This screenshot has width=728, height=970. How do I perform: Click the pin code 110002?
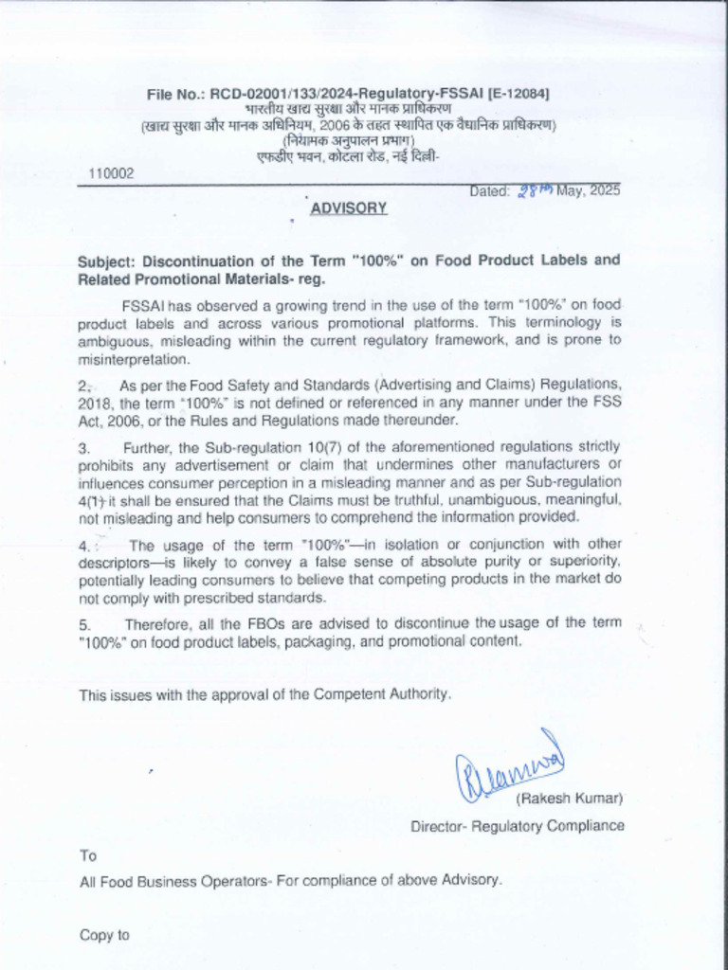click(x=111, y=173)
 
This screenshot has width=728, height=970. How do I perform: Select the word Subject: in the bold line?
click(x=108, y=260)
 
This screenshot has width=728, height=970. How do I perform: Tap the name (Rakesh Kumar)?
click(x=569, y=799)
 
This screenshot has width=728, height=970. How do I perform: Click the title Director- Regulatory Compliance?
click(x=517, y=826)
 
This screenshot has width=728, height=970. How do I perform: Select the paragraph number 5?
click(x=84, y=623)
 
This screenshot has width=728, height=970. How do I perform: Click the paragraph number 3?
click(x=83, y=446)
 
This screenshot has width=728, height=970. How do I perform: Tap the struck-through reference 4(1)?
click(x=92, y=499)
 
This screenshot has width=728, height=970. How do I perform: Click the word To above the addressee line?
click(x=87, y=856)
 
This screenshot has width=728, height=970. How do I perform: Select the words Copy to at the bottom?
click(x=103, y=935)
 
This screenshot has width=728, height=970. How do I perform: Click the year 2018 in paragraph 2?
click(x=94, y=402)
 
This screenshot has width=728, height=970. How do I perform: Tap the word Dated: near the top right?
click(x=490, y=190)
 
